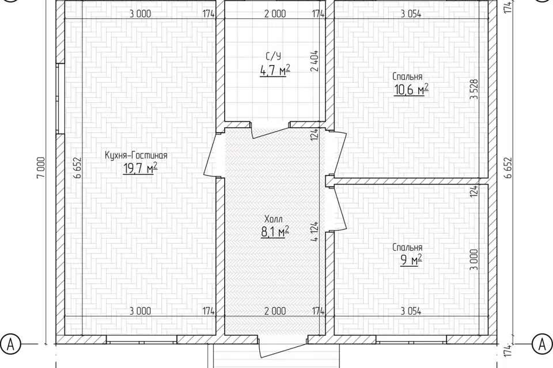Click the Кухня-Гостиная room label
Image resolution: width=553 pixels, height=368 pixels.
pos(136,155)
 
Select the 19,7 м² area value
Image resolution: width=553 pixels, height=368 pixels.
pos(140,169)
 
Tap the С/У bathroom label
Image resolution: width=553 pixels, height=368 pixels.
pos(274,56)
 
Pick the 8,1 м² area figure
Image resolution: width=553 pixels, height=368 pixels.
pos(275,232)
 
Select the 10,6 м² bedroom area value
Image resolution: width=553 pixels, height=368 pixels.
pos(411,90)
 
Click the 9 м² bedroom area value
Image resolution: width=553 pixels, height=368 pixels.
pos(411,260)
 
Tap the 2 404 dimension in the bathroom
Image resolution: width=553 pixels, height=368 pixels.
pos(315,61)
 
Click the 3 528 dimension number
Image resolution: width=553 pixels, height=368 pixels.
pos(474,89)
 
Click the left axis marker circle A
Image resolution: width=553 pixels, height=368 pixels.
pos(10,344)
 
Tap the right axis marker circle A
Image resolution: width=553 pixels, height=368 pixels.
pos(542,344)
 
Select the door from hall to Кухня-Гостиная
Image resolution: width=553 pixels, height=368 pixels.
pos(213,155)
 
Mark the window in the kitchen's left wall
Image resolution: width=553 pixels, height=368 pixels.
pos(60,98)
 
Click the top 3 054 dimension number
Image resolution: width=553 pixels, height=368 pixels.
pos(411,14)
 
